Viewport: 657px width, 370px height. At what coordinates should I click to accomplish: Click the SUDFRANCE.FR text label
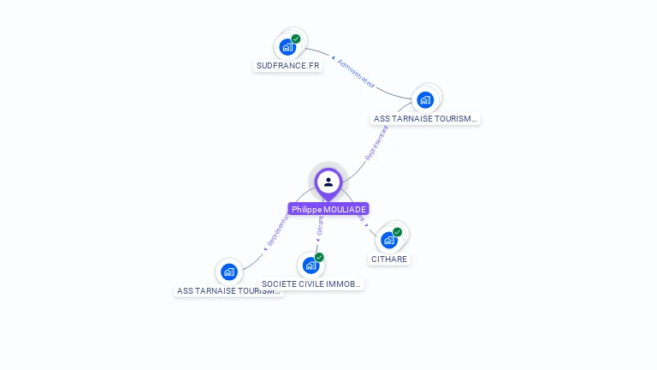[x=288, y=65]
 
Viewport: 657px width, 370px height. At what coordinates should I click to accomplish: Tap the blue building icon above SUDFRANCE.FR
[x=287, y=47]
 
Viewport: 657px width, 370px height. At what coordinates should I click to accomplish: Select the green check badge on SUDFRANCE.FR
[x=296, y=39]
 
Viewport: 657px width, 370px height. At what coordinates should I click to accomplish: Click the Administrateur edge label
[x=357, y=74]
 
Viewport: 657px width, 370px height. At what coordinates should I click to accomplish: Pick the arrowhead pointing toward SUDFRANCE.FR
[x=333, y=57]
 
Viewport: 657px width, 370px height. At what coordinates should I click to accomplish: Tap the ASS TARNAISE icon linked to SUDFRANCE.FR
[x=425, y=99]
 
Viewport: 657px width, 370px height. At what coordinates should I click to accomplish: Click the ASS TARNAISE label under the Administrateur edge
[x=426, y=119]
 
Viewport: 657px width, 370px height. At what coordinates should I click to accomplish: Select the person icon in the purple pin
[x=328, y=182]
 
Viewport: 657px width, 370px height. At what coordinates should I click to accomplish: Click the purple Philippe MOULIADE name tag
[x=328, y=209]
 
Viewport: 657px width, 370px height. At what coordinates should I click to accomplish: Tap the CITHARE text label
[x=389, y=259]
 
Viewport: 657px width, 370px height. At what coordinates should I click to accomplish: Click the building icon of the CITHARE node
[x=389, y=240]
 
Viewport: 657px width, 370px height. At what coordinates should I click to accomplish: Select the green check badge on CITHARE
[x=398, y=232]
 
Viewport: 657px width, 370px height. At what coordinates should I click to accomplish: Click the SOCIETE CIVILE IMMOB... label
[x=311, y=283]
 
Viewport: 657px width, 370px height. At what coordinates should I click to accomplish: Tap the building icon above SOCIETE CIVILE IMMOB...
[x=311, y=265]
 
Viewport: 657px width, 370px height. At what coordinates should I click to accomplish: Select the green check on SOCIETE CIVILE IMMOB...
[x=319, y=257]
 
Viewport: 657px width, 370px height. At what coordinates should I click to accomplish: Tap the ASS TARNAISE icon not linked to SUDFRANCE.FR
[x=228, y=272]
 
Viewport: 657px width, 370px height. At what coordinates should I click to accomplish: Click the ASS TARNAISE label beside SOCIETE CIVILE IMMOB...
[x=228, y=291]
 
